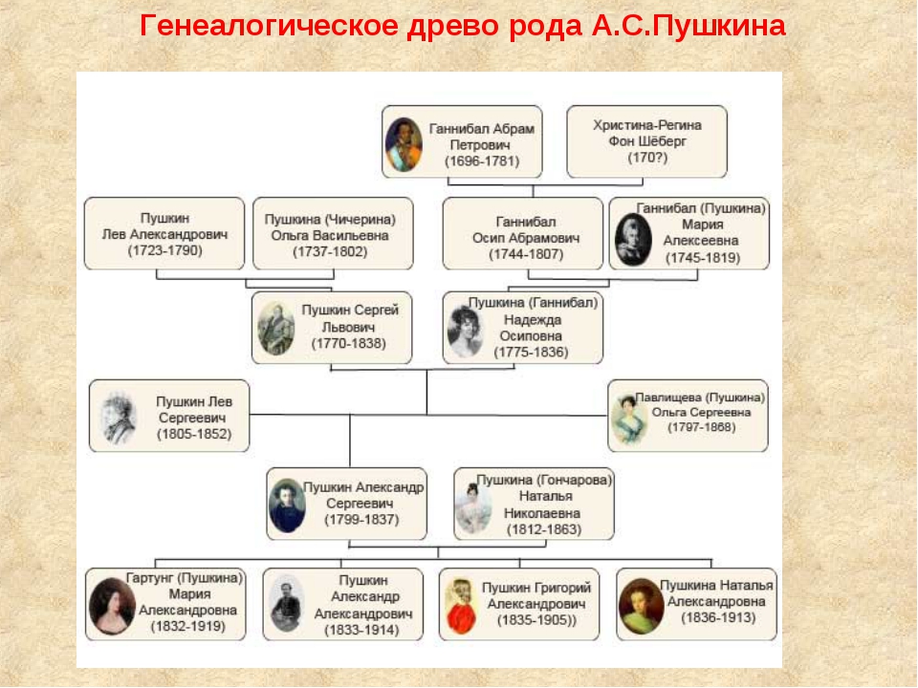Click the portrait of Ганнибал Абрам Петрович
tap(404, 144)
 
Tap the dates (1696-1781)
tap(482, 161)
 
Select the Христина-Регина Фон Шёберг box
tap(647, 141)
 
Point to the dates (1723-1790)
tap(165, 250)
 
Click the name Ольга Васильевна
tap(330, 235)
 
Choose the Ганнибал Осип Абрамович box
tap(523, 233)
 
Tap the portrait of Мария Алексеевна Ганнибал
tap(633, 240)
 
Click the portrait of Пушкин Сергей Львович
tap(275, 329)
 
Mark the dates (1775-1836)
tap(531, 353)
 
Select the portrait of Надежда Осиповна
tap(466, 332)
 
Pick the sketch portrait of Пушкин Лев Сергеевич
tap(119, 419)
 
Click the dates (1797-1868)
tap(701, 427)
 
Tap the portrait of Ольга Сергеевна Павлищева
tap(627, 419)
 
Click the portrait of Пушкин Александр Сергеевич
tap(287, 505)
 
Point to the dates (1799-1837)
tap(361, 520)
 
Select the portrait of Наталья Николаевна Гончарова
tap(473, 508)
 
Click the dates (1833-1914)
tap(361, 630)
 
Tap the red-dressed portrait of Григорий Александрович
tap(461, 608)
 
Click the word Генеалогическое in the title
tap(270, 26)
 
